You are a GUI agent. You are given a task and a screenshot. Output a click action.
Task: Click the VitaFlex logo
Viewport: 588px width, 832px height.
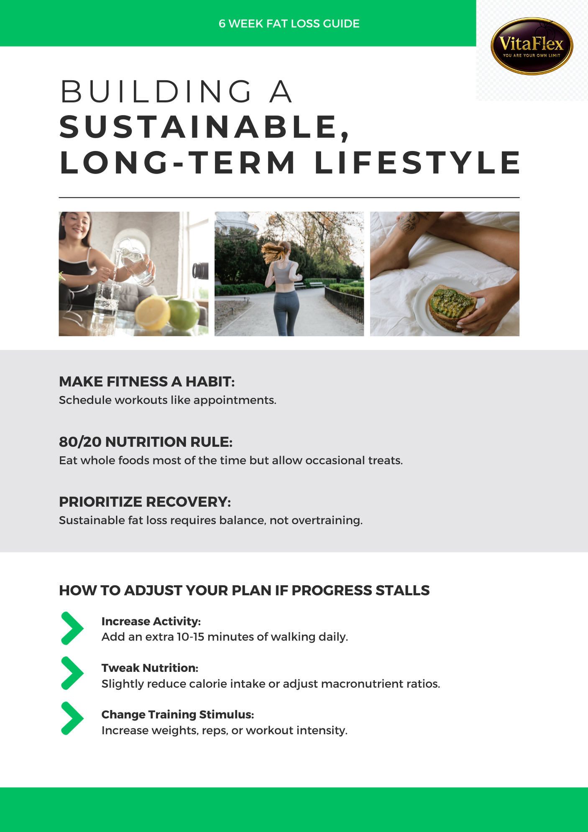point(532,46)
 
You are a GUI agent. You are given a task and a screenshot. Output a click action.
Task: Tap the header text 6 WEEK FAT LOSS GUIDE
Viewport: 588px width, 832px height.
point(289,24)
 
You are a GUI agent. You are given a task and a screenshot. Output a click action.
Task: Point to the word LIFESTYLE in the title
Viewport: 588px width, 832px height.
point(417,163)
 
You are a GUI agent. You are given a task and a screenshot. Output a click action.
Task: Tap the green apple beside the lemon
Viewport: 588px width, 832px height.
point(184,314)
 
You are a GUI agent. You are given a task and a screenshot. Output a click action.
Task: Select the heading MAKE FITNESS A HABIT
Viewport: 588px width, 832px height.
point(147,381)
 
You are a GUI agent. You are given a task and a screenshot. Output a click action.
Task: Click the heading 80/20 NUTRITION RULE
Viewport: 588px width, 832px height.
point(146,442)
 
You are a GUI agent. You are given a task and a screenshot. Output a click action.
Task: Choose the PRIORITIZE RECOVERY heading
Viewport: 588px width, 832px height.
point(145,502)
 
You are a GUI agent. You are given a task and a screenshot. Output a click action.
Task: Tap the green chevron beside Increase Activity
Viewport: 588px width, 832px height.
point(72,628)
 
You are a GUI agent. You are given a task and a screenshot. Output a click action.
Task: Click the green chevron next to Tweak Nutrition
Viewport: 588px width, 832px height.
point(72,673)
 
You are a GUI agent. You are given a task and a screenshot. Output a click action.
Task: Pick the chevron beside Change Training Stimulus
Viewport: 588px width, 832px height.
point(72,718)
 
